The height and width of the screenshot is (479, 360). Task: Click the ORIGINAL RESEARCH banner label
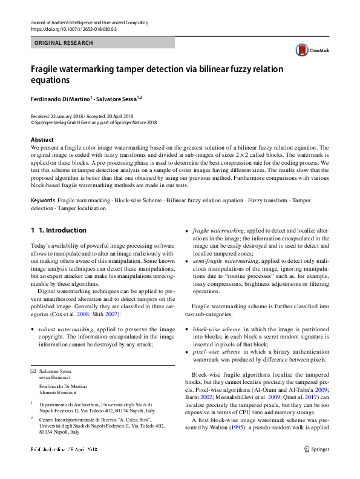64,43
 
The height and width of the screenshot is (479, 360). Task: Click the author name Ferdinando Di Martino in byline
60,98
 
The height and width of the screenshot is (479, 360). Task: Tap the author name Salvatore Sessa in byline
117,98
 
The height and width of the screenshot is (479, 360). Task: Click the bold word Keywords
43,199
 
